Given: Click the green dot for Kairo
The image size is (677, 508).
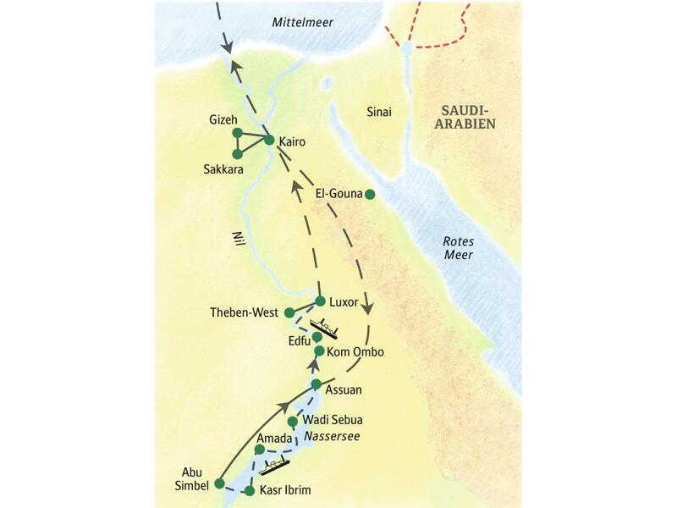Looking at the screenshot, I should pos(269,140).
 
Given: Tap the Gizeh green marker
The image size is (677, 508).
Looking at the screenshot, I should pos(237,133).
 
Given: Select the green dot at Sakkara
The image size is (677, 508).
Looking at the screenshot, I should pos(237,154).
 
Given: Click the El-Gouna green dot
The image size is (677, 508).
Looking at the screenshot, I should pos(369,194).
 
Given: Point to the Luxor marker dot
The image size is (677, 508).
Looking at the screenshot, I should pos(320,301).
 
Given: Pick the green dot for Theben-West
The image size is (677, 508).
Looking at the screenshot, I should pos(289,312).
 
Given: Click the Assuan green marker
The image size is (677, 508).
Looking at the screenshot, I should pos(316,384).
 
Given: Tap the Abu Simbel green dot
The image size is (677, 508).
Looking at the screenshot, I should pos(219,483).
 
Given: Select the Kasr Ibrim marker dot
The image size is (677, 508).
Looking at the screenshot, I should pos(250,490).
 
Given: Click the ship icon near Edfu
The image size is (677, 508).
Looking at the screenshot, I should pos(324,326).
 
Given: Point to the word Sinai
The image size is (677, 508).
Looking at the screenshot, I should pos(378,113).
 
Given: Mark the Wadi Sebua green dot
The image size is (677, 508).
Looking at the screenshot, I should pos(292,421).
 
